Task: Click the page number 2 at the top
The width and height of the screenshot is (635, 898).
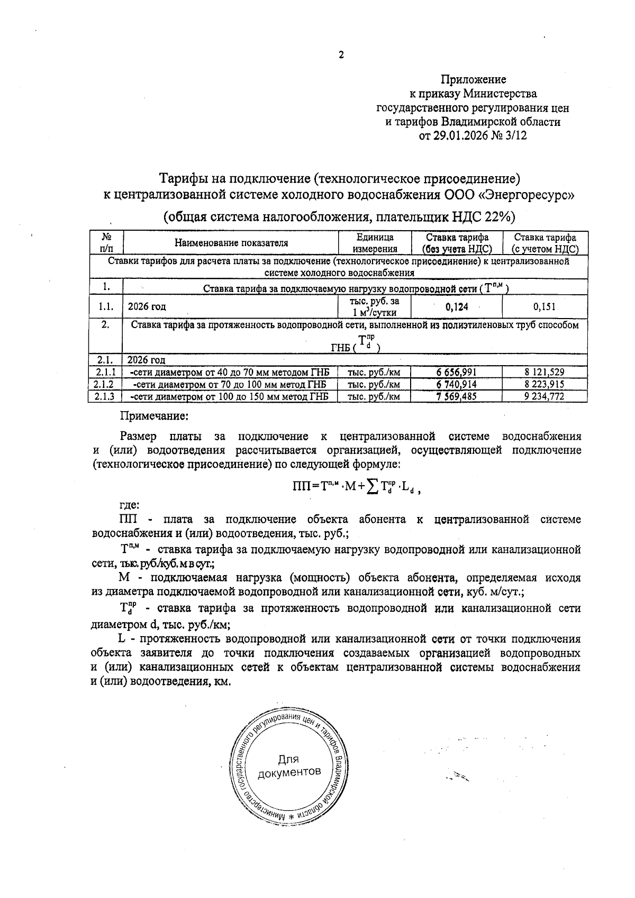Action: point(341,55)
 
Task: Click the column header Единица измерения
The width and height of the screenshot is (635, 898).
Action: point(375,243)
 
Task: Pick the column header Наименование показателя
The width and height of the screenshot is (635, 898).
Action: point(231,243)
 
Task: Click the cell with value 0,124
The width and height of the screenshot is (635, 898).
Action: point(457,306)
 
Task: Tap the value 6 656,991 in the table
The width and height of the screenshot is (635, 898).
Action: point(457,373)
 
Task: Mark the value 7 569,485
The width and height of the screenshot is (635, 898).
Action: point(457,396)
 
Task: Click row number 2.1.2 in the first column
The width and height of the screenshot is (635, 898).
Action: point(105,385)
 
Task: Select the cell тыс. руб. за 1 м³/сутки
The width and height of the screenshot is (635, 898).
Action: point(375,306)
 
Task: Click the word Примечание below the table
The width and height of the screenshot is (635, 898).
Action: point(154,416)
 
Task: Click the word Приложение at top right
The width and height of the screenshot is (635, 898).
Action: point(474,80)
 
